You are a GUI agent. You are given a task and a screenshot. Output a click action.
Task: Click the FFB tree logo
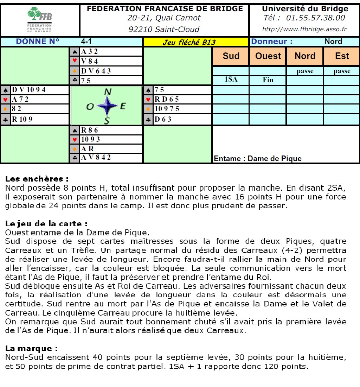[39, 15]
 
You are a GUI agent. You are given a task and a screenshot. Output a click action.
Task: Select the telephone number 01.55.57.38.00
[315, 18]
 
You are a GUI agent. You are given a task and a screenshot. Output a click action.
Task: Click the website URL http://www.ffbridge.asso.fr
[304, 29]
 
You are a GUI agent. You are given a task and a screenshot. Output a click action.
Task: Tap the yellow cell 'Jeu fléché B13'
[189, 43]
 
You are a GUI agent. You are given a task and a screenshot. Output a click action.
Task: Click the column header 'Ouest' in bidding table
[268, 56]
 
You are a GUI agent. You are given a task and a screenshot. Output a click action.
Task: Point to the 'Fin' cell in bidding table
[268, 80]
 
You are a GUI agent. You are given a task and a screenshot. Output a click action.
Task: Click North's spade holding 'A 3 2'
[89, 52]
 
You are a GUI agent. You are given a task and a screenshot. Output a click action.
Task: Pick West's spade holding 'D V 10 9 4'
[28, 90]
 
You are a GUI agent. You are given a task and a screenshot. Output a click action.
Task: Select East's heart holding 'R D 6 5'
[167, 99]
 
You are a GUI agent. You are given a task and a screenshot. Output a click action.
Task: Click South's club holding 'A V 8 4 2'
[96, 158]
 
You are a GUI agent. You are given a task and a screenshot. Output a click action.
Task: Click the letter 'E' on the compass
[123, 106]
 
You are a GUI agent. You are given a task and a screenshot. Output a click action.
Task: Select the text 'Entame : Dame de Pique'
[257, 159]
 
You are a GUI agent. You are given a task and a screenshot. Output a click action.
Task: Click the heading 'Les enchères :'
[37, 179]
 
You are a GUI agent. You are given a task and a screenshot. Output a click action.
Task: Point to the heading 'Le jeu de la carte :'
[46, 224]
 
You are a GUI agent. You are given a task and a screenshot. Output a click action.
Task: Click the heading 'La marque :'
[31, 349]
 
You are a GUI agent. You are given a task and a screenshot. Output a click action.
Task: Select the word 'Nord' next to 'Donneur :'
[333, 42]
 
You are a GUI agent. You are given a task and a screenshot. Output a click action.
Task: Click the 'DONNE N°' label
[38, 42]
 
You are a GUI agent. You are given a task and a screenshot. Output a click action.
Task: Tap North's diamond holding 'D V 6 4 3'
[96, 71]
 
